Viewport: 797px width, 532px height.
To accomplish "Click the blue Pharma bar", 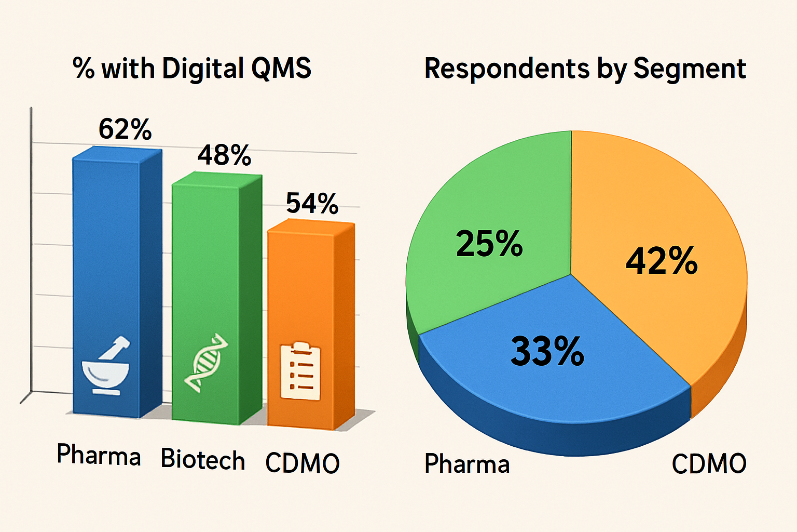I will point(106,260).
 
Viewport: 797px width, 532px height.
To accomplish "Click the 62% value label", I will point(125,129).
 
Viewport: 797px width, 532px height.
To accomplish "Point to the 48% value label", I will point(224,155).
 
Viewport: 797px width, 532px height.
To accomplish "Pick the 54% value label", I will point(312,203).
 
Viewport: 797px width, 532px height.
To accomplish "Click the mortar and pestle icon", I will point(107,366).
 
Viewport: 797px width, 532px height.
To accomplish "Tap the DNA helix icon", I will point(207,362).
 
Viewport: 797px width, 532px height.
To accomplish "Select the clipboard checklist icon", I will point(300,371).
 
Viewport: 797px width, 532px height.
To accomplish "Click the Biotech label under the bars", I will point(203,459).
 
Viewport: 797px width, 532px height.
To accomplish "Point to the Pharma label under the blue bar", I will point(99,455).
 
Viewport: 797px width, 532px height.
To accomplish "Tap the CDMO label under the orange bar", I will point(303,463).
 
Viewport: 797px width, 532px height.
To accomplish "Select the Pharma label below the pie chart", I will point(467,463).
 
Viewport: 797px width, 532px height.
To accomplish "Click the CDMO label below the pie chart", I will point(709,463).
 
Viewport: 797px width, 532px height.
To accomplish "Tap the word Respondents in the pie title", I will point(507,69).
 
